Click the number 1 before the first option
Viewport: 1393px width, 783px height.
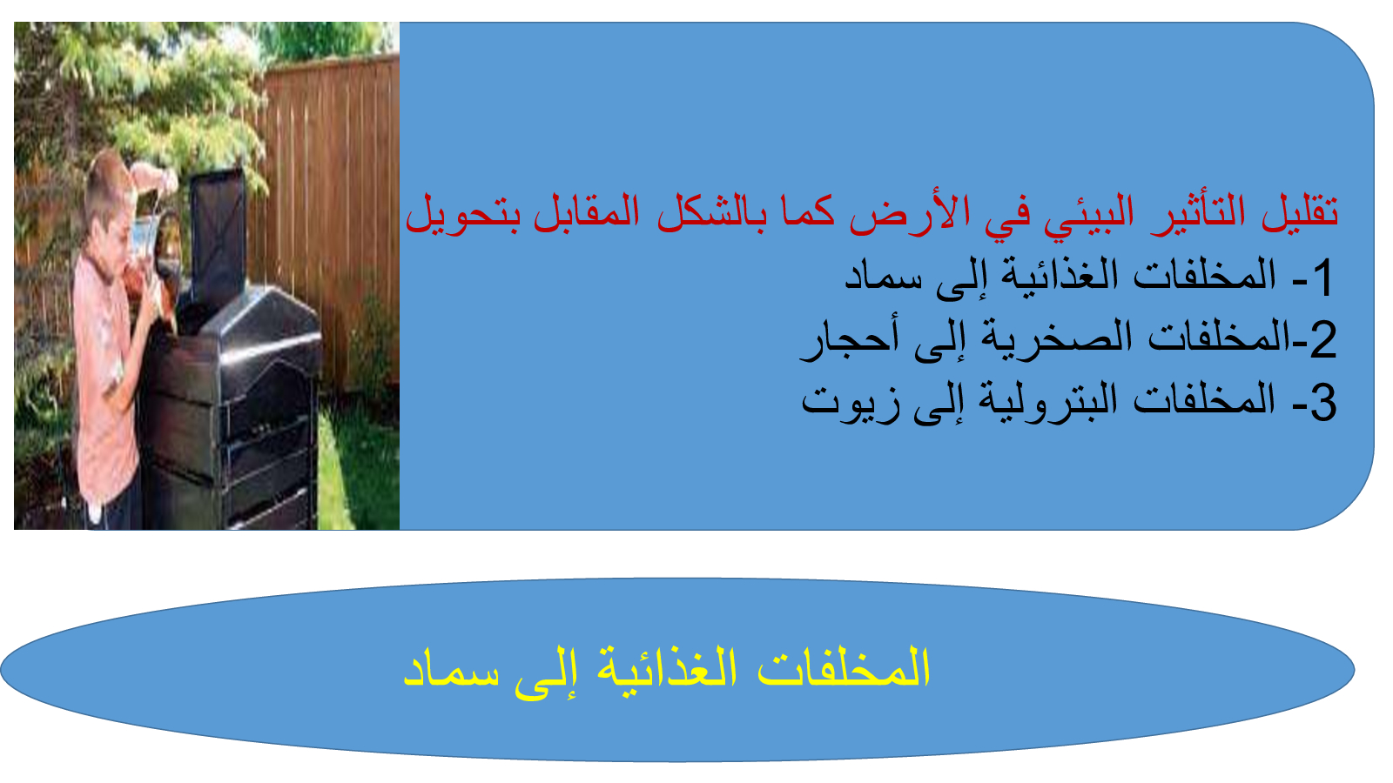(x=1322, y=278)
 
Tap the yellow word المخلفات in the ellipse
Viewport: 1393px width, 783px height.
(x=844, y=666)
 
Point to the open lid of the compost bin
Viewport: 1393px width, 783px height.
(x=217, y=233)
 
